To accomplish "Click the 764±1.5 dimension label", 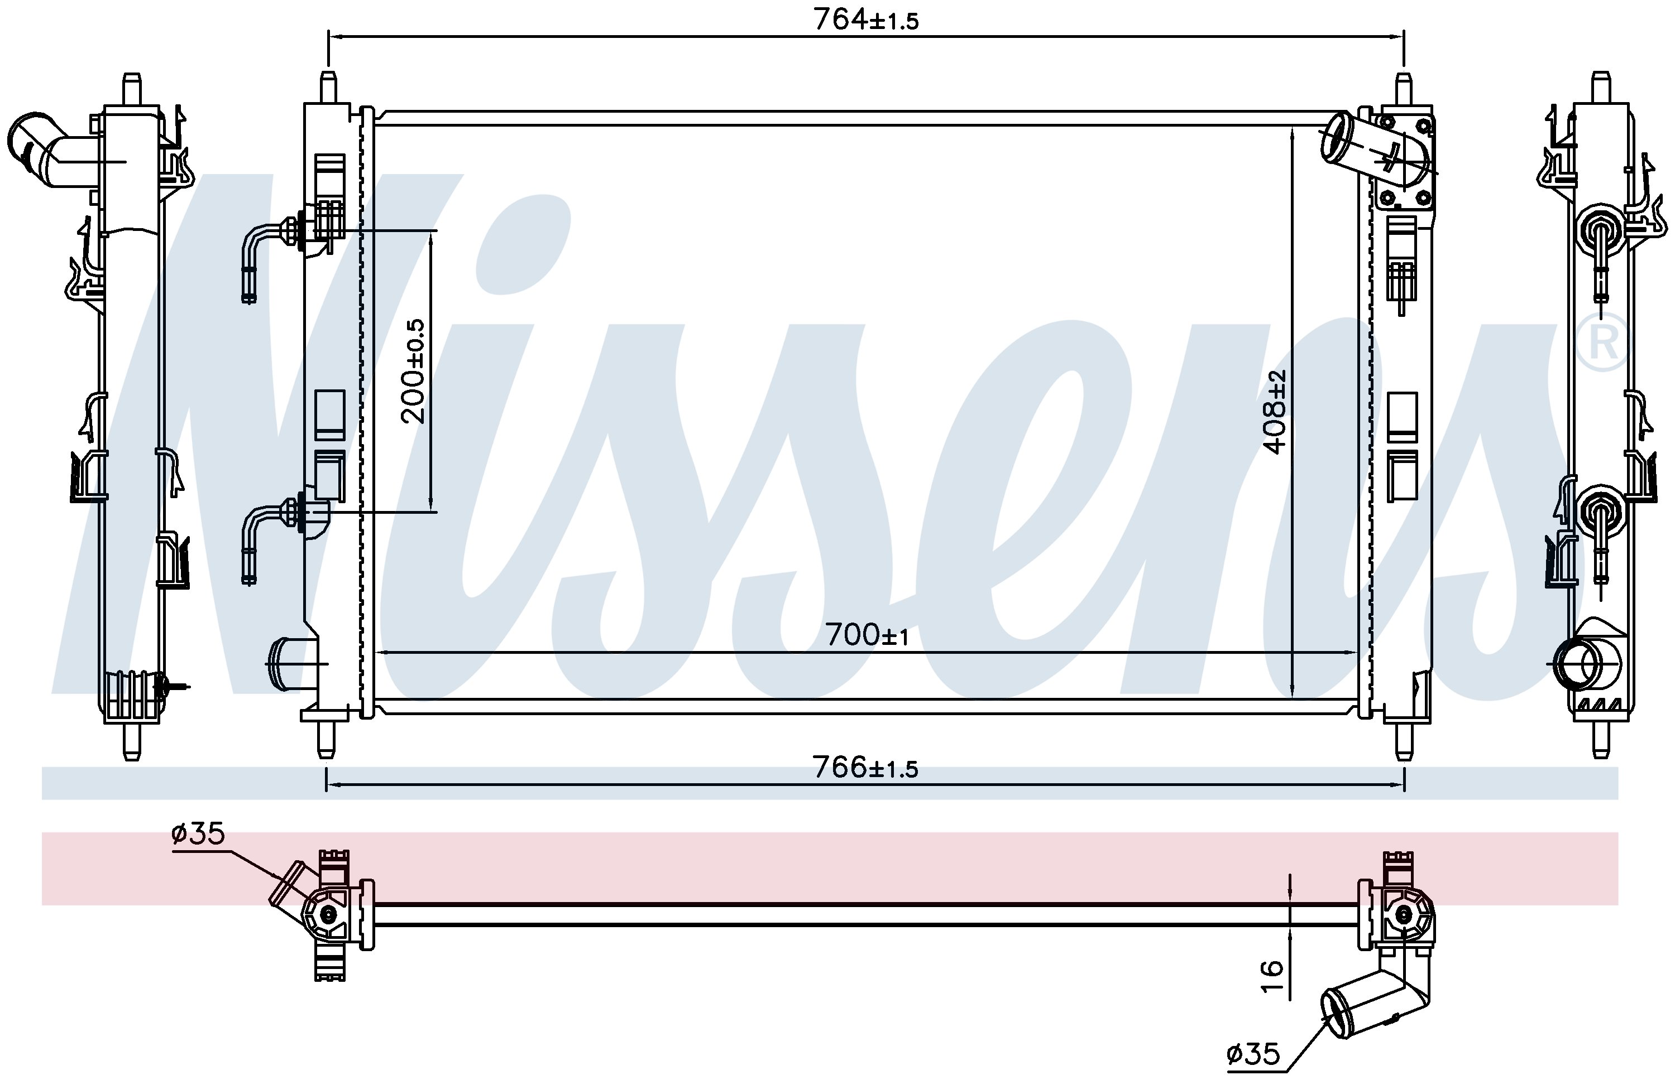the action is click(x=865, y=19).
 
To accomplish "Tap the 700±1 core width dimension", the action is click(x=867, y=635).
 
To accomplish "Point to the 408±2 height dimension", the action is click(x=1275, y=412).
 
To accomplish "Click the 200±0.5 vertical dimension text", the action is click(x=414, y=371).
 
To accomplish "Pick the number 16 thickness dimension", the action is click(x=1271, y=977).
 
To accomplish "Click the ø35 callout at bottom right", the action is click(x=1253, y=1053).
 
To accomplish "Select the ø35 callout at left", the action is click(x=198, y=834).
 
